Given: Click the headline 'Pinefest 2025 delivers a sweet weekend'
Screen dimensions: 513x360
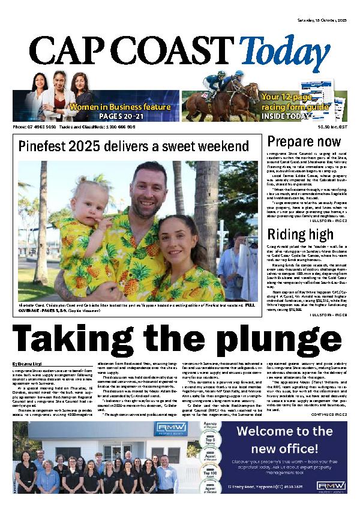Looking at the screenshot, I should [133, 146].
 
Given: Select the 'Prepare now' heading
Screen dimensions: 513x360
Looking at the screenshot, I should [296, 142].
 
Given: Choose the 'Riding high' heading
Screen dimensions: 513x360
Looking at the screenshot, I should [293, 234].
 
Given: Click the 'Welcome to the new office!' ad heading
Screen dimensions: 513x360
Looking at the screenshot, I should [284, 440].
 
